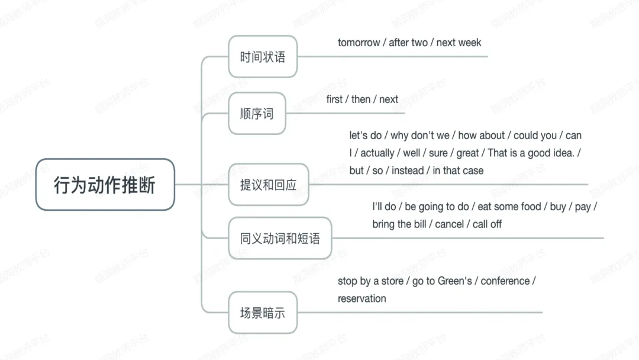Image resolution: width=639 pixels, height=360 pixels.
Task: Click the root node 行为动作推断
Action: pos(105,185)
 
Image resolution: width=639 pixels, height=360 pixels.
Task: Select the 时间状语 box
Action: pos(263,57)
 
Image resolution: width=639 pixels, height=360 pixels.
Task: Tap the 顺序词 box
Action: pos(257,113)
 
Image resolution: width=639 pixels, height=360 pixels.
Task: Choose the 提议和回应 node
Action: pos(269,185)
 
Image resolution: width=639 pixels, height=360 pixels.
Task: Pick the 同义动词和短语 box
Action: pos(280,238)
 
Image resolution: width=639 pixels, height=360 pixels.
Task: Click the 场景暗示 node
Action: pos(263,312)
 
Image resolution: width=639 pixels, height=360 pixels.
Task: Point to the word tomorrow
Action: pos(359,43)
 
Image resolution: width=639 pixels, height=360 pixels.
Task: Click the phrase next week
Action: pos(459,43)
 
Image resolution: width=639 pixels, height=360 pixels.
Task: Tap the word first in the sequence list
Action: pos(334,99)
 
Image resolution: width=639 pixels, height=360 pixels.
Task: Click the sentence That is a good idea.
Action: pos(531,153)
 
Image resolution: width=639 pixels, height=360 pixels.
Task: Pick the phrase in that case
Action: pos(458,171)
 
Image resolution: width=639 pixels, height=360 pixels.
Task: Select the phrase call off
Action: pos(487,224)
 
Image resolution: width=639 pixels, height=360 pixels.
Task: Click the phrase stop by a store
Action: pos(370,281)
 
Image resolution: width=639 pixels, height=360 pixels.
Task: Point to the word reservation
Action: pos(362,299)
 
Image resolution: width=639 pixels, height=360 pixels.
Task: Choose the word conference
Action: pos(505,281)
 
